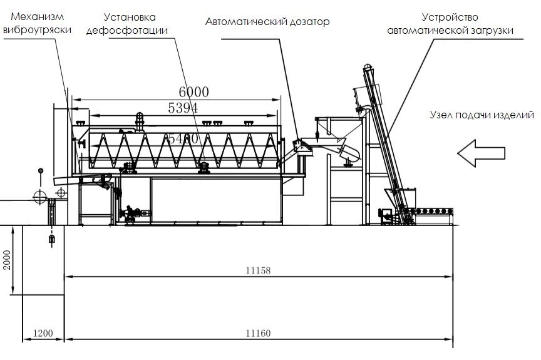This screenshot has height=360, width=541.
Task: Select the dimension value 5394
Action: coord(183,108)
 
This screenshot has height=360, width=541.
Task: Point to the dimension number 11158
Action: coord(258,270)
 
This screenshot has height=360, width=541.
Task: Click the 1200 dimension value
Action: coord(43,334)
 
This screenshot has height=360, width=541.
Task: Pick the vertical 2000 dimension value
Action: coord(7,260)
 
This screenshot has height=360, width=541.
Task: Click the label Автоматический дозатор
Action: coord(267,22)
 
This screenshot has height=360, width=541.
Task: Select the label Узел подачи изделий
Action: coord(482,115)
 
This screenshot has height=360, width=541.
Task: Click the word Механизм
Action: coord(30,17)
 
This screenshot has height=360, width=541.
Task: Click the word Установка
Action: coord(129,17)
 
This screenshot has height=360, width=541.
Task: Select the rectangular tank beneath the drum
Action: coord(216,198)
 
